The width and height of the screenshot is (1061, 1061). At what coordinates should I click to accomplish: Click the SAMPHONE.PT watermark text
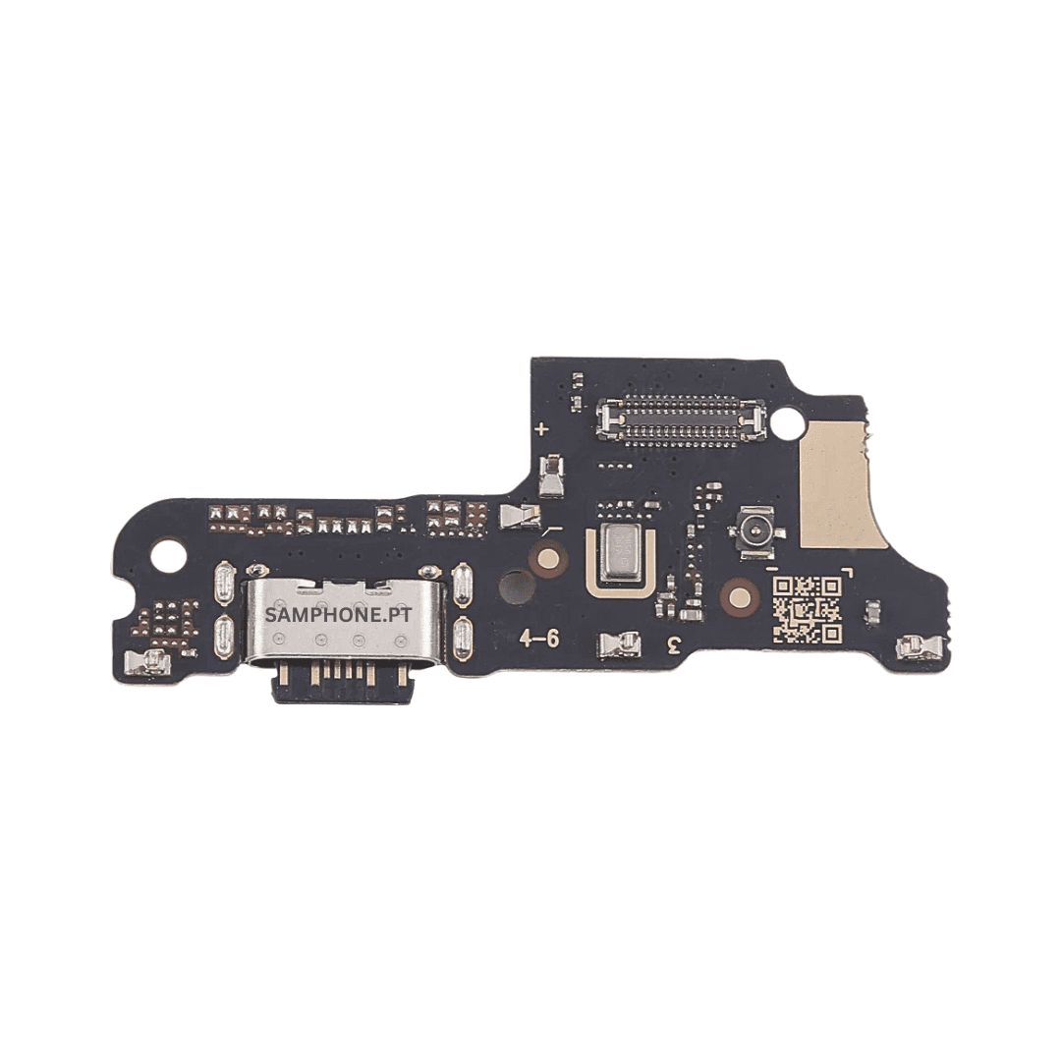(x=338, y=615)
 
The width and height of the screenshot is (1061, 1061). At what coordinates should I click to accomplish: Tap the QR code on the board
(x=808, y=609)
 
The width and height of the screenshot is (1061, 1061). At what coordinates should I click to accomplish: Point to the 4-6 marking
(x=539, y=639)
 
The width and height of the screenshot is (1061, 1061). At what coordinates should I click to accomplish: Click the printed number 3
(x=673, y=644)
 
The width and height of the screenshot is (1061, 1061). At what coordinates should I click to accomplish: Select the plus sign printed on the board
(x=541, y=429)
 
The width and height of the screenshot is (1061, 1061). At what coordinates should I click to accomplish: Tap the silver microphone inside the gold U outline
(x=621, y=553)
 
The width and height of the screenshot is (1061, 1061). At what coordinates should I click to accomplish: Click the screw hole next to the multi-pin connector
(x=788, y=420)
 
